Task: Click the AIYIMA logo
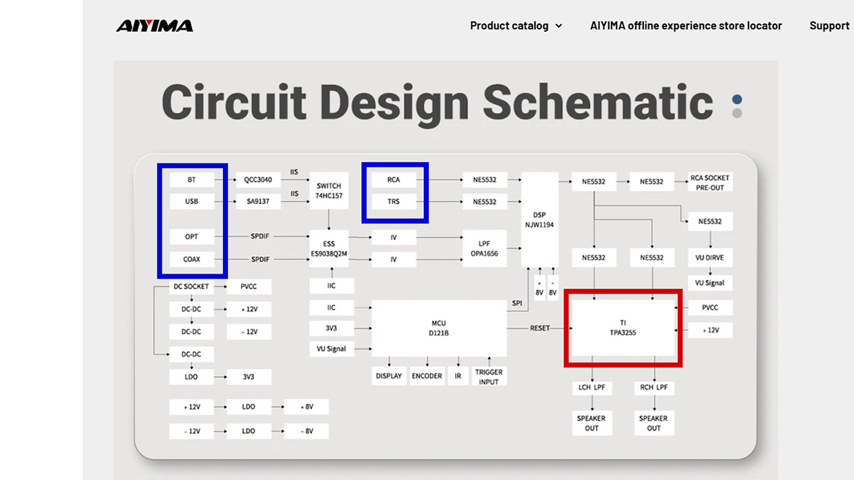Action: coord(155,26)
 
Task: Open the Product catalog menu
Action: coord(516,26)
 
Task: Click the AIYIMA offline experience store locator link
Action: coord(686,26)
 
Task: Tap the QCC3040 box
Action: coord(258,179)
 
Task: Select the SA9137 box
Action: coord(258,201)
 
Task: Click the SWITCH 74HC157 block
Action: coord(329,190)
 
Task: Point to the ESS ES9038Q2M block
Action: coord(329,248)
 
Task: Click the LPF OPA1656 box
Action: coord(484,248)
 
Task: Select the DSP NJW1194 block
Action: coord(539,220)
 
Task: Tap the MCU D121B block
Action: coord(439,328)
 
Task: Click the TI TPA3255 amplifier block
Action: coord(623,328)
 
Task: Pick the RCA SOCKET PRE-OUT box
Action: coord(710,183)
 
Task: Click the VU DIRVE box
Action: coord(710,257)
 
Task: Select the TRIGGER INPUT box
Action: coord(489,377)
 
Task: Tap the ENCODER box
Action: coord(427,376)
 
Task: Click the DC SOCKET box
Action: coord(191,286)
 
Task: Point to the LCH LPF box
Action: coord(592,388)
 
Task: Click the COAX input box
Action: coord(191,259)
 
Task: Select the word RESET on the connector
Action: coord(540,328)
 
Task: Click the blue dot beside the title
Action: coord(737,99)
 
